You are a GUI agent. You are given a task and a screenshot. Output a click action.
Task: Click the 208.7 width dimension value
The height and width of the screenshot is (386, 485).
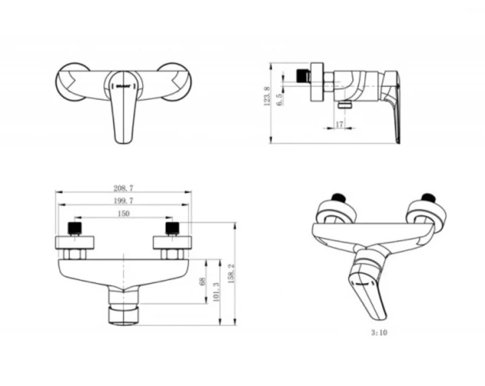point(124,188)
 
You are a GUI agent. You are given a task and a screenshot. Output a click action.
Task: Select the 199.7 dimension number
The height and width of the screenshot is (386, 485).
point(124,201)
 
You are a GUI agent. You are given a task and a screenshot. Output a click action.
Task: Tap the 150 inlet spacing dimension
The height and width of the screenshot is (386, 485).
point(124,214)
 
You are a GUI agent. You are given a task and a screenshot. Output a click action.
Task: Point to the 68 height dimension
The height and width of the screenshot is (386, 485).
point(203,282)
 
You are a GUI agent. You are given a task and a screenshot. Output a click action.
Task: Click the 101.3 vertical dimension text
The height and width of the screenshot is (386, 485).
point(216,291)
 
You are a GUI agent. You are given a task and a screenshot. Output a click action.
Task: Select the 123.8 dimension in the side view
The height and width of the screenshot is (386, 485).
point(267,96)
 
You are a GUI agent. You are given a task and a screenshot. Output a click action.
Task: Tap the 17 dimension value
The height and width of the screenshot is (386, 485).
point(340,124)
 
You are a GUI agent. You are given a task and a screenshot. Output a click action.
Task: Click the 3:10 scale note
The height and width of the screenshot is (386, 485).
point(380,333)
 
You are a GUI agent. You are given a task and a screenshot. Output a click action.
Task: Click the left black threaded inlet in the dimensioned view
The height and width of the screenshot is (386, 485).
point(74,228)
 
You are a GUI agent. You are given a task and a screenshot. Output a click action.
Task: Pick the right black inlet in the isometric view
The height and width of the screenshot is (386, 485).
point(428,198)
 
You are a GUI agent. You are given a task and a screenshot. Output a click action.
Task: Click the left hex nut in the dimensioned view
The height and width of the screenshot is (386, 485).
point(74,254)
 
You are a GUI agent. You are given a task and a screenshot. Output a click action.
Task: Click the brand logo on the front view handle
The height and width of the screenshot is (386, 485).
point(124,86)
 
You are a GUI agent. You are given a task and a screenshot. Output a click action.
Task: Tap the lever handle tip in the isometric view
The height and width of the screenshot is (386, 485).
point(380,316)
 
